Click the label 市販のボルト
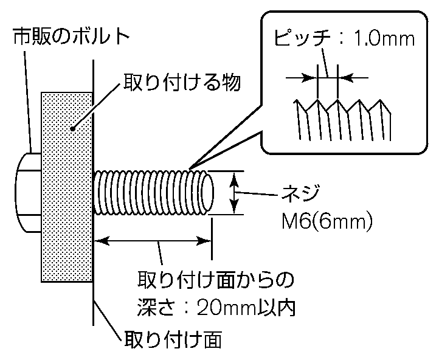pos(71,37)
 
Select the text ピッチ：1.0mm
pos(344,41)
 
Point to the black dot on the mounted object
pos(72,128)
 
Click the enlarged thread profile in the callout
pos(340,119)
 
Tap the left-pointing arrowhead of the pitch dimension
pos(309,77)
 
